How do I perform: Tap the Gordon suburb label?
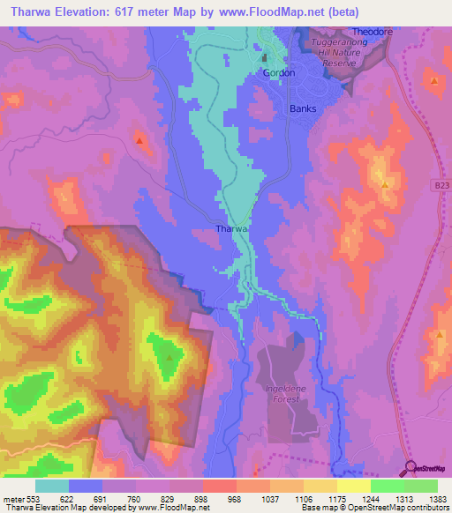point(279,73)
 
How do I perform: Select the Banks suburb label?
point(303,109)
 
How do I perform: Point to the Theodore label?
point(373,32)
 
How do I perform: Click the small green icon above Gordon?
point(263,58)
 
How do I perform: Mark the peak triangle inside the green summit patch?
point(169,357)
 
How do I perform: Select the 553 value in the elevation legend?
point(32,498)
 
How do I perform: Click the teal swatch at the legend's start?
point(52,486)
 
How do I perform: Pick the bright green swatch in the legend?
point(420,486)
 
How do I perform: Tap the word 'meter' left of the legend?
point(11,498)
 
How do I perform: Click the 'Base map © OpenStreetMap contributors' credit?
point(374,508)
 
